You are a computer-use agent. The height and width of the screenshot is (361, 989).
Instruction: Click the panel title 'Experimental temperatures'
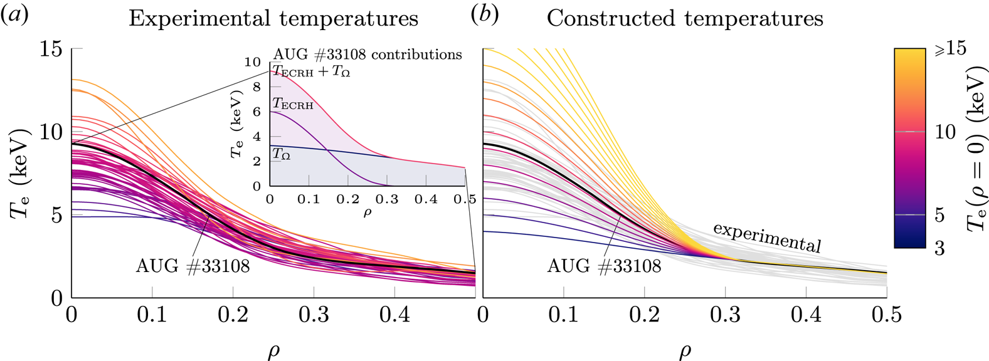pos(273,18)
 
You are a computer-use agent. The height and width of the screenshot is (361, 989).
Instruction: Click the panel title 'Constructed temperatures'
pos(685,18)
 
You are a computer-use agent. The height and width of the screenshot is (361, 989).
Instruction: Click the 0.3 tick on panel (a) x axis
pos(314,314)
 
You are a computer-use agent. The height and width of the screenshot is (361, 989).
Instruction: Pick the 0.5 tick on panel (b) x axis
pos(887,314)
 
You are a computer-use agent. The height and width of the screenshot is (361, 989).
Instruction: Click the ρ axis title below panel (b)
pos(685,351)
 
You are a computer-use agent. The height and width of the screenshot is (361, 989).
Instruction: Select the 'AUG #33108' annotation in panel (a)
pos(193,266)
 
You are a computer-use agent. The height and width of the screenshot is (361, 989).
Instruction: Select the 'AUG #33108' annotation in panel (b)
pos(604,266)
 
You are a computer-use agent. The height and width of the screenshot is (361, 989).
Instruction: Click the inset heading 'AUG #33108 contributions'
pos(368,55)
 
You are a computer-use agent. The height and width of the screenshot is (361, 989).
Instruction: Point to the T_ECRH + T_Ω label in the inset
pos(312,71)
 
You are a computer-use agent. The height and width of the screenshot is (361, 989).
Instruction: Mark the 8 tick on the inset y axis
pos(256,87)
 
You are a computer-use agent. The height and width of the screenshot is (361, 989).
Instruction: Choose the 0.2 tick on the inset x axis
pos(347,199)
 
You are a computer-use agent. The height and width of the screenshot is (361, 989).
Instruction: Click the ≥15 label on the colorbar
pos(951,48)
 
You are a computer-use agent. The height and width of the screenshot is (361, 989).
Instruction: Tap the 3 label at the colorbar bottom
pos(939,248)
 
